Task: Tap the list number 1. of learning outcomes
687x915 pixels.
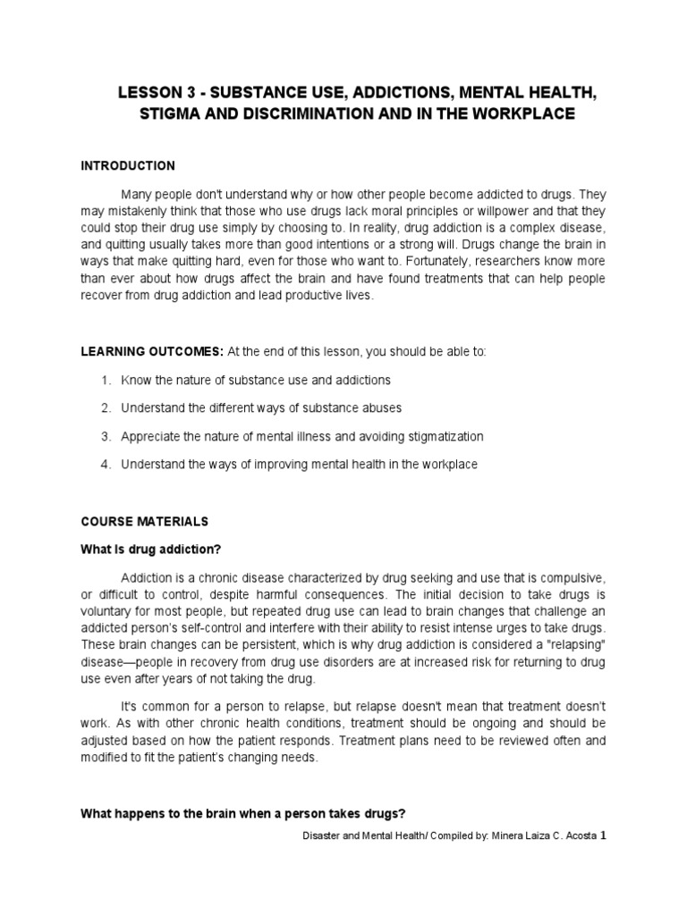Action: point(106,381)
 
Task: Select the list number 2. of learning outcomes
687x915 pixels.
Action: point(106,408)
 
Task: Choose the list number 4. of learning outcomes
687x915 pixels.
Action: point(106,465)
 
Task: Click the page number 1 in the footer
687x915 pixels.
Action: point(602,836)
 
